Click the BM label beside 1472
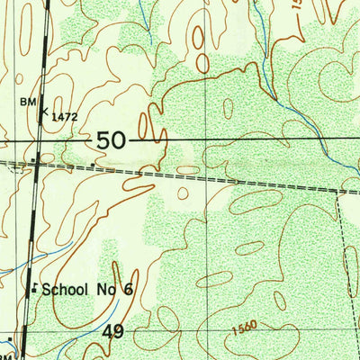pyautogui.click(x=28, y=103)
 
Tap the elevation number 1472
pyautogui.click(x=64, y=115)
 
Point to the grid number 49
pyautogui.click(x=112, y=332)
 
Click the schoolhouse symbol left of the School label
pyautogui.click(x=34, y=290)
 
